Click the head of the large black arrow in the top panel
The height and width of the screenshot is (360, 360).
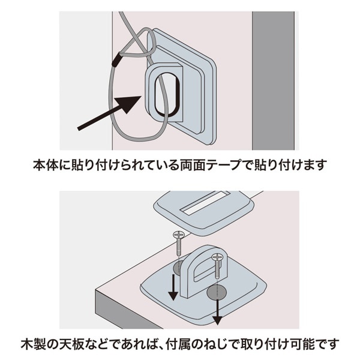point(136,103)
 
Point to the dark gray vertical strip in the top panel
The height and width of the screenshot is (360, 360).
point(274,80)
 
